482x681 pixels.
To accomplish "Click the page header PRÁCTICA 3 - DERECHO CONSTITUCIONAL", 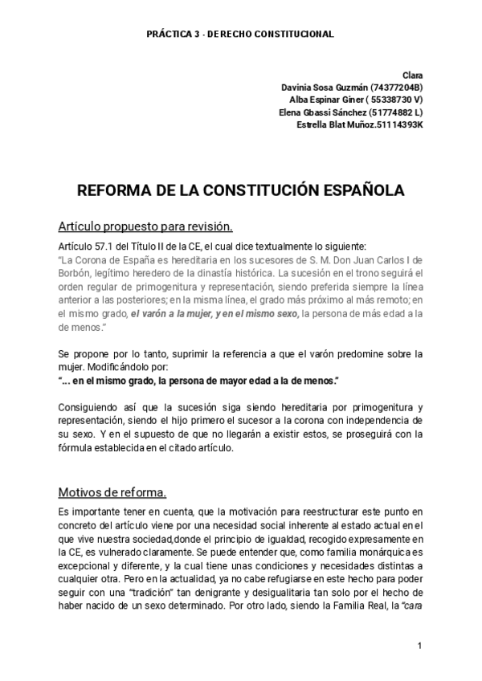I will (x=240, y=35).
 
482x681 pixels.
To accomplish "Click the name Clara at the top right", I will (x=413, y=75).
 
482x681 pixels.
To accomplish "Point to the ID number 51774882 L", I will (x=396, y=112).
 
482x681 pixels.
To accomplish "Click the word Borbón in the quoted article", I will (x=77, y=274).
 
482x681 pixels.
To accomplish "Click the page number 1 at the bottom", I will (x=419, y=646).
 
